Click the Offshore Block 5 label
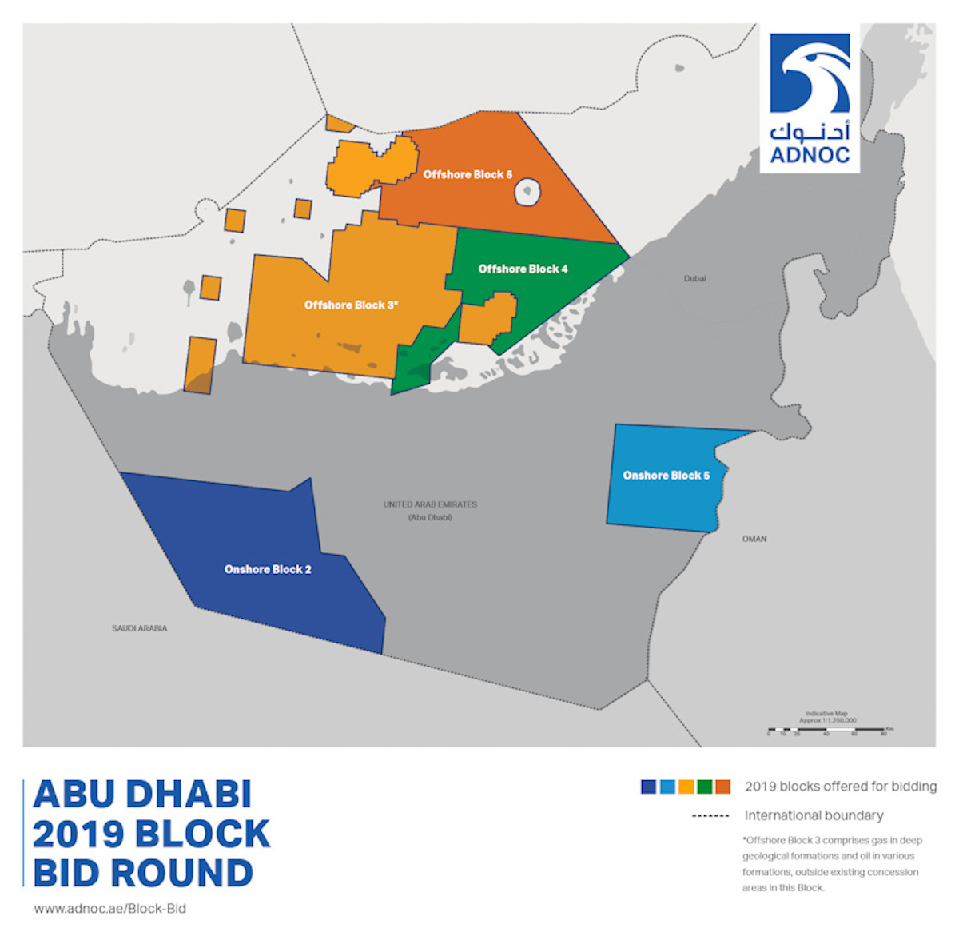[468, 174]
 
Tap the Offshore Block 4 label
[523, 269]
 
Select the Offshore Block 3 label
[351, 305]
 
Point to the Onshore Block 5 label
[666, 476]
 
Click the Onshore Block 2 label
[268, 569]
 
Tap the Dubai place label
[694, 278]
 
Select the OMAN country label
[754, 539]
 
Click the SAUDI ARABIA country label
[139, 628]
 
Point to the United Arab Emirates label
[430, 504]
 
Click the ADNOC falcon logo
[810, 74]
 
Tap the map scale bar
[826, 729]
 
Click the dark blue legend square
[648, 787]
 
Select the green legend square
[704, 787]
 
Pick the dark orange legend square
[722, 787]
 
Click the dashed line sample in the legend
[710, 816]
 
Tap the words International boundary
[814, 815]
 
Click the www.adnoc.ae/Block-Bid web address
[110, 908]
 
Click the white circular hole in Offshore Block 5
[528, 193]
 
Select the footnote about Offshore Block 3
[831, 864]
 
